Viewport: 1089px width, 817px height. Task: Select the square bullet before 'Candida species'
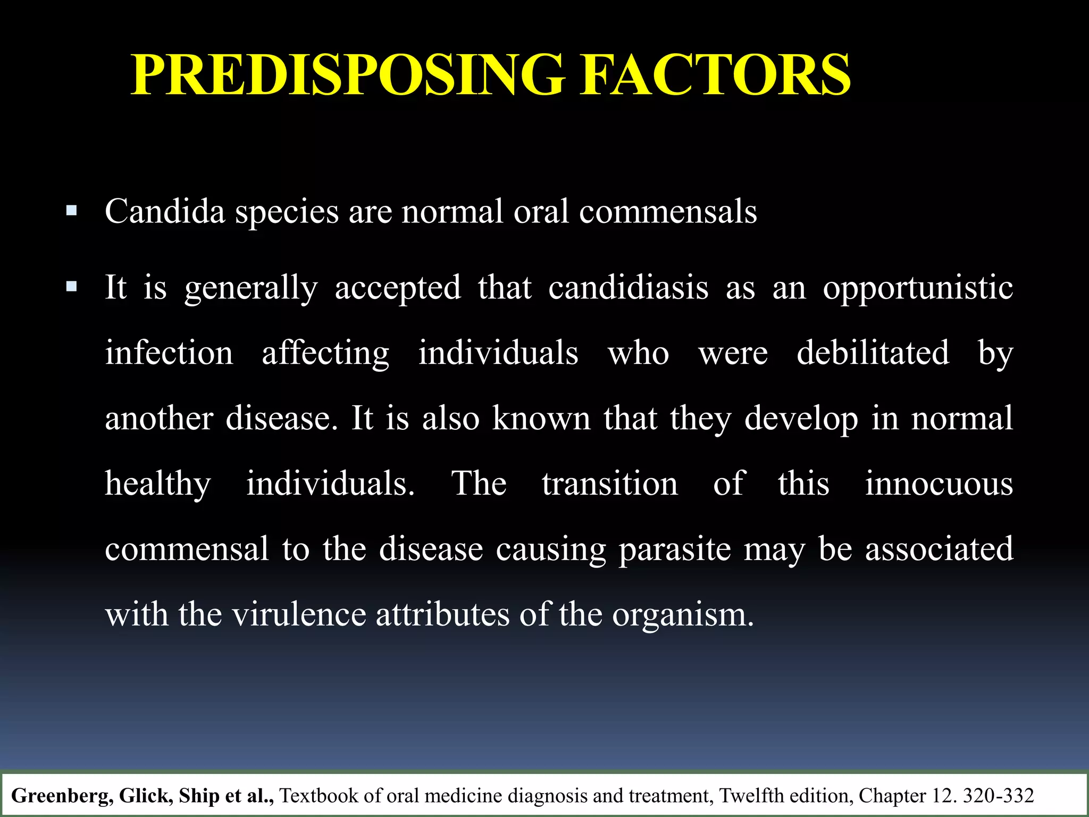[71, 211]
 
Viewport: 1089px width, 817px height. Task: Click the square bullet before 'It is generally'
[71, 287]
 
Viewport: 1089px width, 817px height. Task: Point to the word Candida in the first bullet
[165, 211]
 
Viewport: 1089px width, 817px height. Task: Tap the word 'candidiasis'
[628, 288]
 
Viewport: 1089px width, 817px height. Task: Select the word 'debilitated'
[873, 353]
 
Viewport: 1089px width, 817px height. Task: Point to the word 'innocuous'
[939, 483]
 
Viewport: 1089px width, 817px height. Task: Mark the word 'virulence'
[299, 614]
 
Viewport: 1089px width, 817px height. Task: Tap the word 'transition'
[610, 483]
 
